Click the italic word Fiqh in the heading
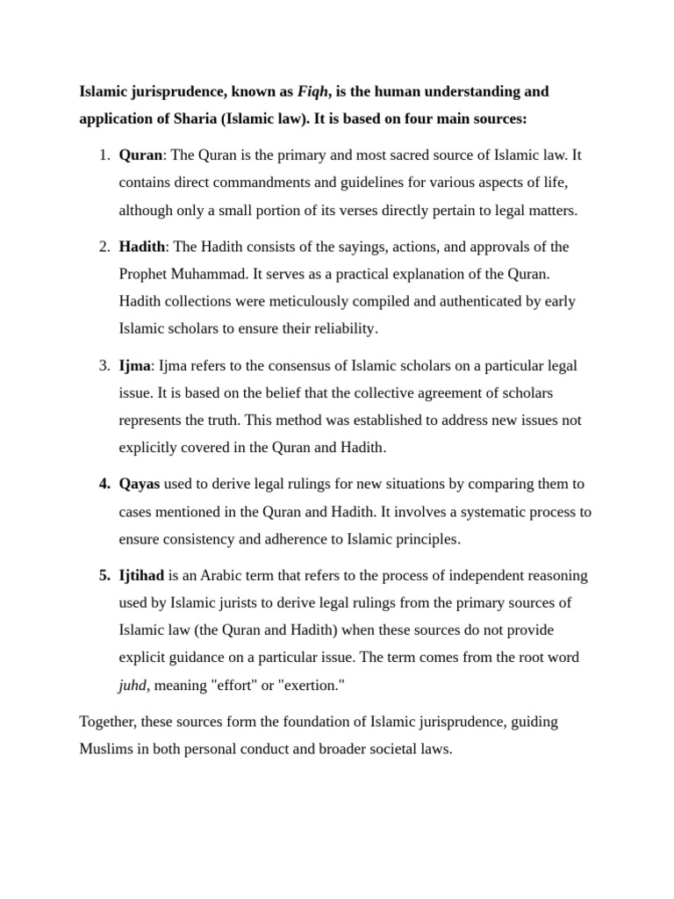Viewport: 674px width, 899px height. click(x=314, y=91)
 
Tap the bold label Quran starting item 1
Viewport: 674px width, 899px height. click(x=140, y=155)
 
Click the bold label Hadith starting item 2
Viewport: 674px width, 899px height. click(x=141, y=247)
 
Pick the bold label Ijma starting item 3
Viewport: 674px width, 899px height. click(x=135, y=365)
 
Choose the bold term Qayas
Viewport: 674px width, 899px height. click(x=140, y=484)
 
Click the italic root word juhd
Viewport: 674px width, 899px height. click(x=133, y=685)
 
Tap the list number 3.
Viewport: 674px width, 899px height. click(x=104, y=365)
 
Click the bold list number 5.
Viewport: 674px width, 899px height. click(x=104, y=576)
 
